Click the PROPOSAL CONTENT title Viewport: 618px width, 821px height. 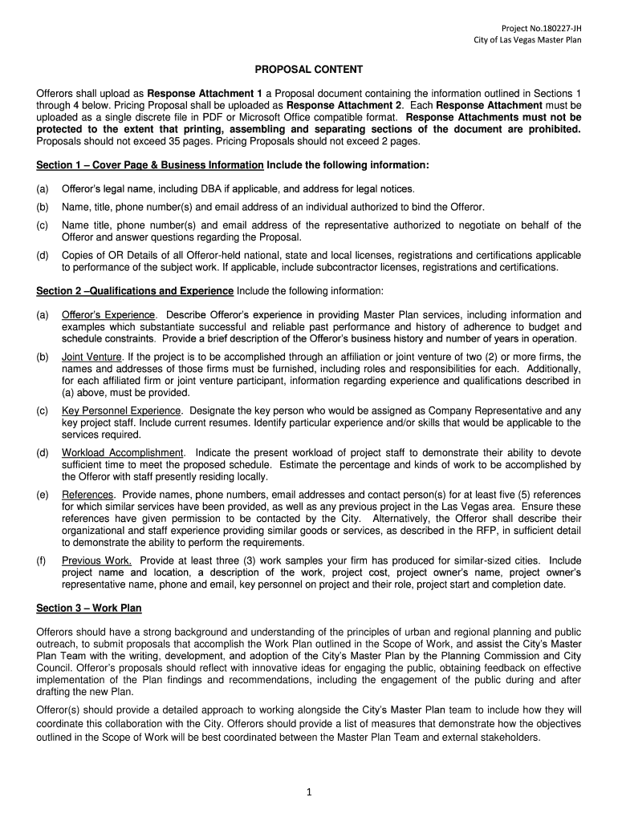(x=309, y=70)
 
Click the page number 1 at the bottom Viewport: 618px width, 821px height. (x=308, y=793)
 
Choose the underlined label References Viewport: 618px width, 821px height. (x=88, y=495)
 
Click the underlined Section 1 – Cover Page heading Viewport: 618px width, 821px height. (x=150, y=165)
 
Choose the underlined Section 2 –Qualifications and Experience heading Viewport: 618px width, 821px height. (x=135, y=290)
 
